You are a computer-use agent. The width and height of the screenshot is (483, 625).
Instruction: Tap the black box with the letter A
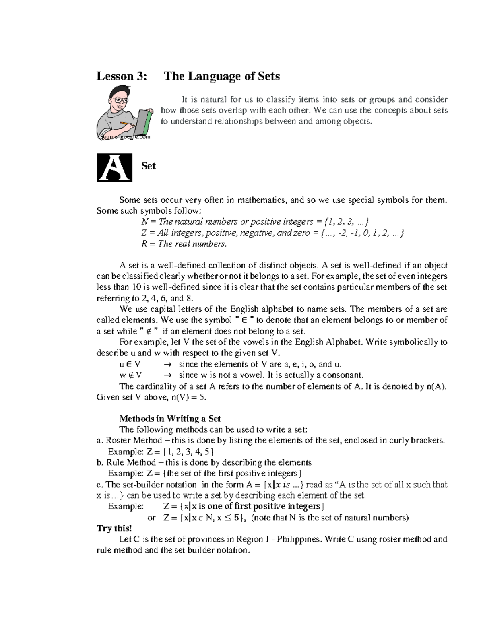point(115,167)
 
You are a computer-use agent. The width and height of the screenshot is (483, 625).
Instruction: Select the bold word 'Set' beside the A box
point(148,166)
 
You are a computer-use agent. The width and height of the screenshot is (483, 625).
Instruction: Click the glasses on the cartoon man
point(120,100)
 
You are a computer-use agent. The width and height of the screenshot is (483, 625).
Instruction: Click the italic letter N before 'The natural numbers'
point(144,222)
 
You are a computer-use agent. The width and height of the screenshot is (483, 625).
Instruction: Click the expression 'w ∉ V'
point(130,375)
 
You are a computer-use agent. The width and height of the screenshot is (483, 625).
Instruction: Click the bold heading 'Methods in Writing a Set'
point(170,419)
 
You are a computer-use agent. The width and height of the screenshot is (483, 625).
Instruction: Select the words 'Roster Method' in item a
point(134,440)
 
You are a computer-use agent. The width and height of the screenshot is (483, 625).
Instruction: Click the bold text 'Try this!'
point(114,528)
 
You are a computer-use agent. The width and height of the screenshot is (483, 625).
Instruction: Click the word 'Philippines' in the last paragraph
point(299,539)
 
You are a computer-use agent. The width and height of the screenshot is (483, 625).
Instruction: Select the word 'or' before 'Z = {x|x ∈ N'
point(152,518)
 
